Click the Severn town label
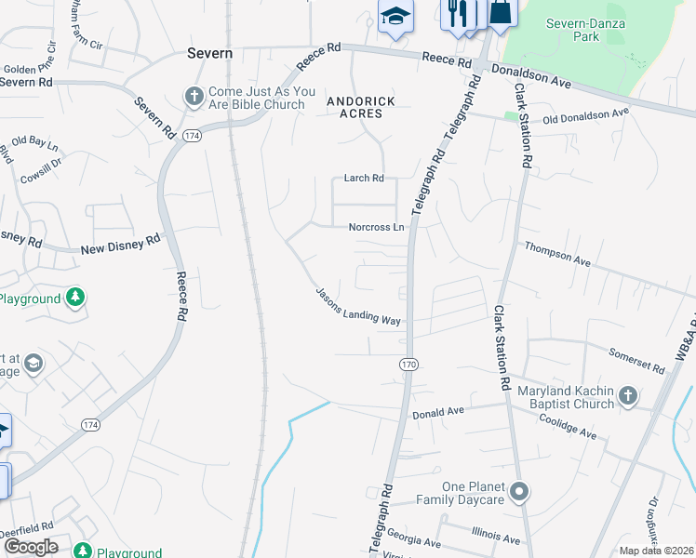pyautogui.click(x=209, y=53)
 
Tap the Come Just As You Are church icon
pyautogui.click(x=194, y=96)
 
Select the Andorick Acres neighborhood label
pyautogui.click(x=360, y=107)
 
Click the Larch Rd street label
pyautogui.click(x=364, y=178)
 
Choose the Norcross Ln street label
pyautogui.click(x=377, y=227)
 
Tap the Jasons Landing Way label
pyautogui.click(x=358, y=306)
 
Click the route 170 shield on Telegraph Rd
pyautogui.click(x=408, y=365)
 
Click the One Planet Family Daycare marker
pyautogui.click(x=519, y=490)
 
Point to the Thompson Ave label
pyautogui.click(x=558, y=255)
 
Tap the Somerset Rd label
pyautogui.click(x=637, y=361)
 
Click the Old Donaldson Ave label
pyautogui.click(x=586, y=115)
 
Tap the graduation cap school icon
pyautogui.click(x=395, y=16)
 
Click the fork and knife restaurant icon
pyautogui.click(x=457, y=12)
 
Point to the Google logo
pyautogui.click(x=31, y=547)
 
